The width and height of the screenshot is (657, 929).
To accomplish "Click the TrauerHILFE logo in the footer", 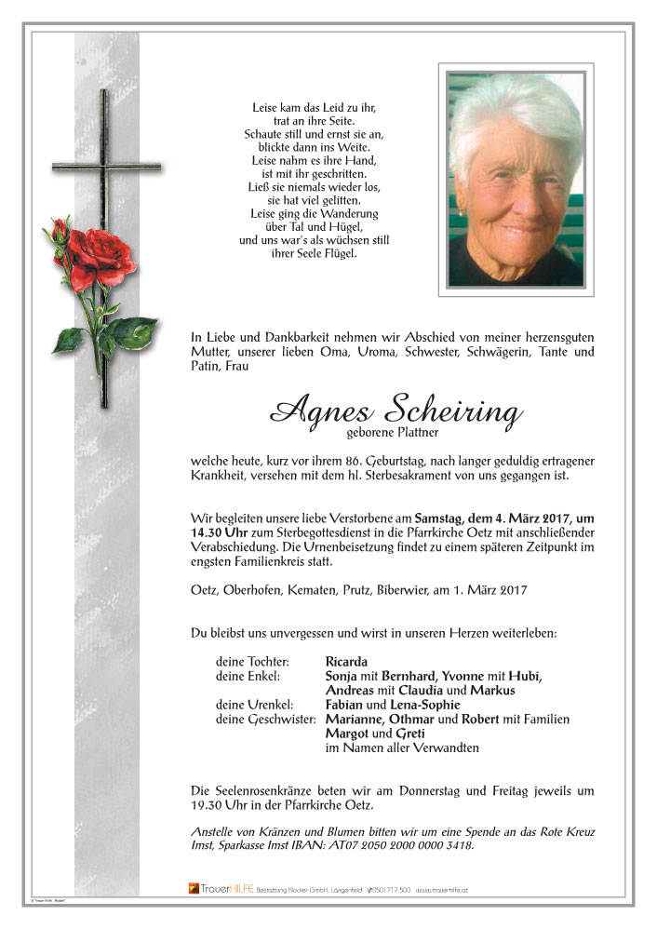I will click(x=221, y=889).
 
